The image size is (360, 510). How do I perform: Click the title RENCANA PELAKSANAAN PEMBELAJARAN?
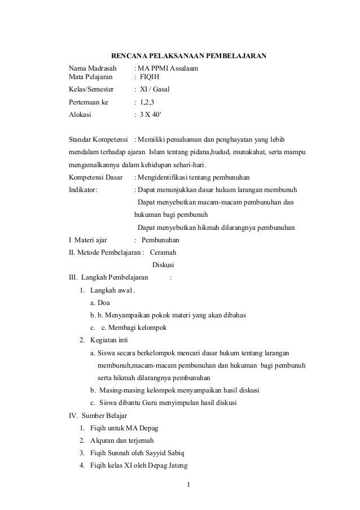(x=188, y=56)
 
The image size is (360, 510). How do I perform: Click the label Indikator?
(x=83, y=190)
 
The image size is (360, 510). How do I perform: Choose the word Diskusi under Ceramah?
(x=164, y=265)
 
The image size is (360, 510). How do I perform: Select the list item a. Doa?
(x=100, y=303)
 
